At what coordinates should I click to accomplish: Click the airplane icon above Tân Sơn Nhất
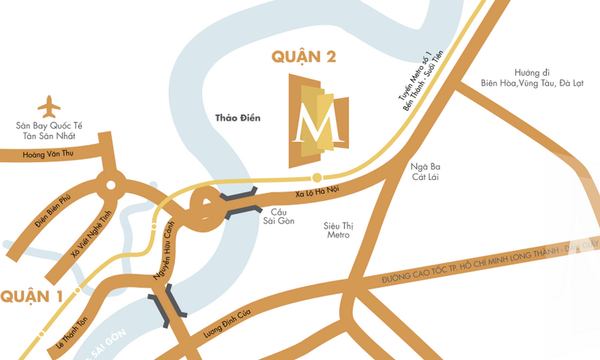(x=49, y=106)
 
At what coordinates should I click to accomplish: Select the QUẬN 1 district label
(x=31, y=296)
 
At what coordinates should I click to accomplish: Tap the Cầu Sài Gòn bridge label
(x=283, y=216)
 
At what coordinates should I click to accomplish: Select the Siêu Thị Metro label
(x=336, y=229)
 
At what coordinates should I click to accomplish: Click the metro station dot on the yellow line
(x=317, y=178)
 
